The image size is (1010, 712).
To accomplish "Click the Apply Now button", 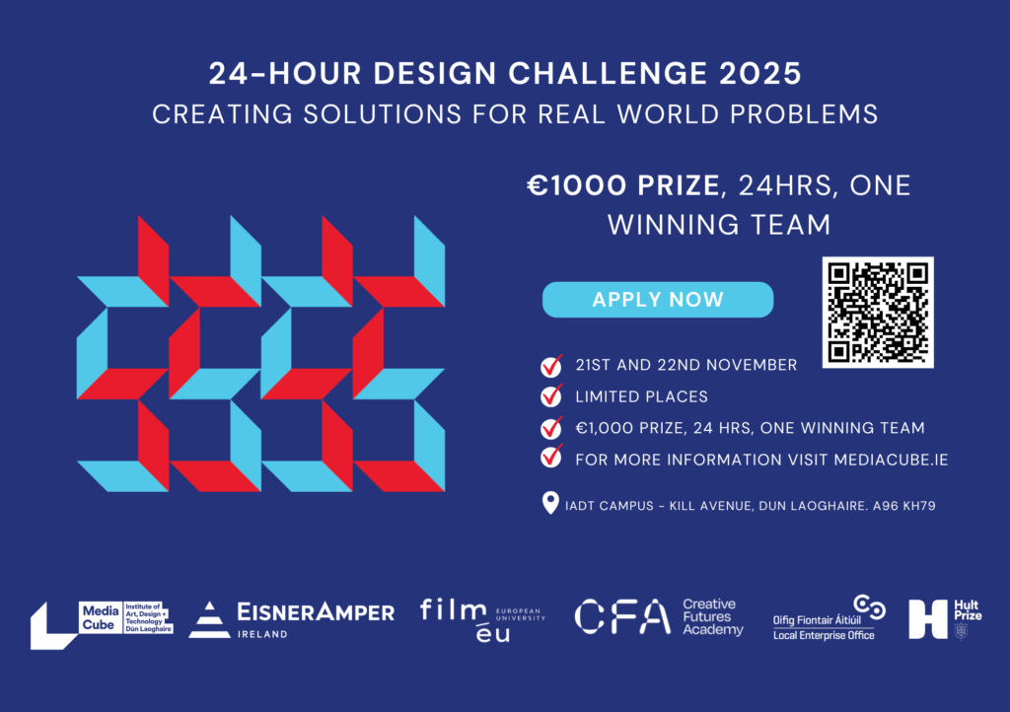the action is click(x=658, y=300).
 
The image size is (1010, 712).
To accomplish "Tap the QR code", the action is click(x=878, y=313).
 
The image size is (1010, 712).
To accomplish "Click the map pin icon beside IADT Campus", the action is click(x=550, y=503).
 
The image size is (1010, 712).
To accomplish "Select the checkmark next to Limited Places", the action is click(x=551, y=395).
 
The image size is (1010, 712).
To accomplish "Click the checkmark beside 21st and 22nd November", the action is click(x=551, y=365).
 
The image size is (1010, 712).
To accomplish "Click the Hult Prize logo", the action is click(x=945, y=619).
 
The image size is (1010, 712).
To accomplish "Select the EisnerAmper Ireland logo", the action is click(x=292, y=619).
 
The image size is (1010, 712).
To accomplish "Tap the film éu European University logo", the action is click(x=482, y=620).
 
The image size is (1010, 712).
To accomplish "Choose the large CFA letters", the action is click(x=622, y=616).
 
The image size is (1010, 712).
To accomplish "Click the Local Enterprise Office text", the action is click(x=824, y=635).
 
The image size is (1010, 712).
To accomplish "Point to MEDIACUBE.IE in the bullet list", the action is click(x=891, y=460).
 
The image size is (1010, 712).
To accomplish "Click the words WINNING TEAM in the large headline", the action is click(x=719, y=225).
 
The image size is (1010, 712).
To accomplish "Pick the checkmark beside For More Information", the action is click(x=551, y=456).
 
